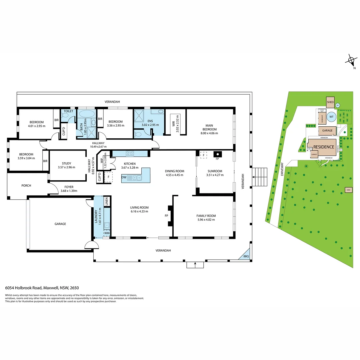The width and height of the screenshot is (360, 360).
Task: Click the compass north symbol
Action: pyautogui.click(x=351, y=61)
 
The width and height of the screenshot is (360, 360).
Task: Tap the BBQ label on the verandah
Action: pyautogui.click(x=246, y=256)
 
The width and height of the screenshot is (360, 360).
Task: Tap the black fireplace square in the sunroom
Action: pyautogui.click(x=217, y=154)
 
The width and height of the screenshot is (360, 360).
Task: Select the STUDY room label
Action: pyautogui.click(x=66, y=163)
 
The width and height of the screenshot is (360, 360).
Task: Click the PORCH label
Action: pyautogui.click(x=26, y=185)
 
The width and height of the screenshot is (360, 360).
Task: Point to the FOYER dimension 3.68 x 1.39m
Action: pyautogui.click(x=69, y=191)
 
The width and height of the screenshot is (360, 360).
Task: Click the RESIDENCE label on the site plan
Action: pyautogui.click(x=323, y=147)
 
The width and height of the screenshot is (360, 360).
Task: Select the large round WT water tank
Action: pyautogui.click(x=331, y=117)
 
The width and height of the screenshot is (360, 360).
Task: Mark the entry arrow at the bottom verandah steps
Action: pyautogui.click(x=195, y=265)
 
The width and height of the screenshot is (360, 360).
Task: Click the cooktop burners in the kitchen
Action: pyautogui.click(x=129, y=154)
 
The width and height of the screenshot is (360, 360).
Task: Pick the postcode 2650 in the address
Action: pyautogui.click(x=74, y=287)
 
